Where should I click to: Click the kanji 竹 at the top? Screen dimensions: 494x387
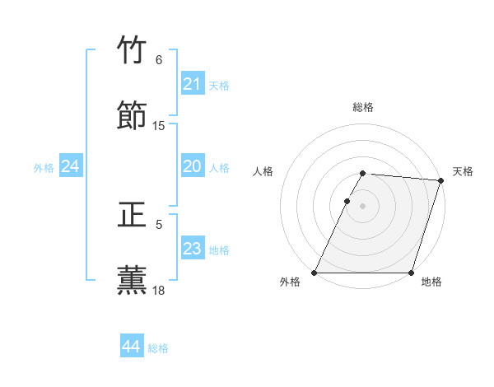(x=133, y=50)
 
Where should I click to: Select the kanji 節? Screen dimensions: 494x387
(x=133, y=115)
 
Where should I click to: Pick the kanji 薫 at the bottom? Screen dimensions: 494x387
(x=133, y=279)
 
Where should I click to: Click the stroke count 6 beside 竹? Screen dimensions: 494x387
(x=159, y=60)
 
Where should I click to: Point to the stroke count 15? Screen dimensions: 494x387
(x=159, y=126)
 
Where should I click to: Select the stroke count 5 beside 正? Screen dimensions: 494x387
(x=159, y=224)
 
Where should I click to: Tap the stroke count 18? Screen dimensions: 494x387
(x=159, y=290)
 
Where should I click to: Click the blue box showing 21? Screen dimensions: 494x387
(x=193, y=84)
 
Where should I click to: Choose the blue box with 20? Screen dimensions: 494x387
(x=193, y=166)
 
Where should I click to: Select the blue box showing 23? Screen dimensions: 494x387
(x=193, y=249)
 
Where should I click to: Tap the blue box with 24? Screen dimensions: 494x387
(x=71, y=166)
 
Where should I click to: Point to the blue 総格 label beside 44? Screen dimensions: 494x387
(x=158, y=348)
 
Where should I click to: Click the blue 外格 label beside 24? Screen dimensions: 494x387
(x=44, y=168)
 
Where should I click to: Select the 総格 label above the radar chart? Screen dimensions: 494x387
(x=363, y=107)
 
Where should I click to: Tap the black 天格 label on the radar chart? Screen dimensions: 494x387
(x=463, y=171)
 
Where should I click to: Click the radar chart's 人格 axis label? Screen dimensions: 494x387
(x=263, y=171)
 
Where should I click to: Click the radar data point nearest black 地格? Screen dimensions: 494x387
(x=412, y=273)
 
